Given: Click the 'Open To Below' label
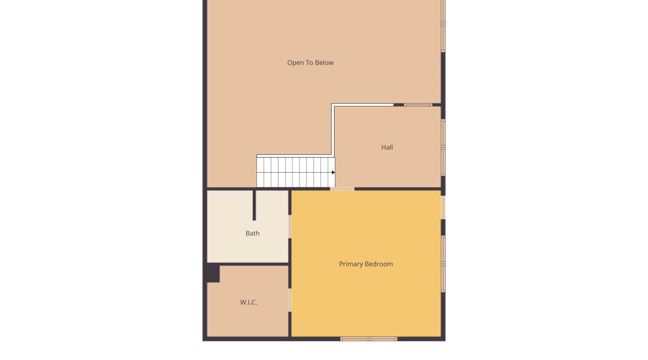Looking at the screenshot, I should [310, 63].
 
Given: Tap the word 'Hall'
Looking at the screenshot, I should [387, 148].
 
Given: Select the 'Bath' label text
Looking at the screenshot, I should [253, 233].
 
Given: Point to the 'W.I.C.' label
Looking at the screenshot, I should [248, 302].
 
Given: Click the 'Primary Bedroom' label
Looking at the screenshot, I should [366, 264].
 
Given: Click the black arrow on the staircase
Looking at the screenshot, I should [333, 172].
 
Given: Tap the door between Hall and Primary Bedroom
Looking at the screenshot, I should [342, 189].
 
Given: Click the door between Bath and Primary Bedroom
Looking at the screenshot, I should [289, 226].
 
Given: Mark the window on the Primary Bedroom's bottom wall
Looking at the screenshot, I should [369, 338].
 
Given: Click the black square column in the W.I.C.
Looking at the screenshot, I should [212, 274].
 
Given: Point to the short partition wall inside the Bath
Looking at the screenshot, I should [254, 204].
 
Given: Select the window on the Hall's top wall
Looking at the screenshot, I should [418, 105].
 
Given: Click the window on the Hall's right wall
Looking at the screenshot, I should [443, 147].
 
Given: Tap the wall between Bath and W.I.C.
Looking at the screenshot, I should [248, 264].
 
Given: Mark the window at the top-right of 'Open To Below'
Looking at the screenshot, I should [444, 25].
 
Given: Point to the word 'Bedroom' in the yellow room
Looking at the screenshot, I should [380, 264].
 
